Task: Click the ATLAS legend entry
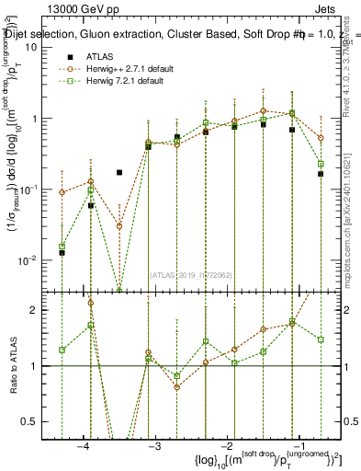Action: tap(100, 56)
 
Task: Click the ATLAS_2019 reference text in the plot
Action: tap(192, 275)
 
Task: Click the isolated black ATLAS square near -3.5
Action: tap(119, 172)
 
